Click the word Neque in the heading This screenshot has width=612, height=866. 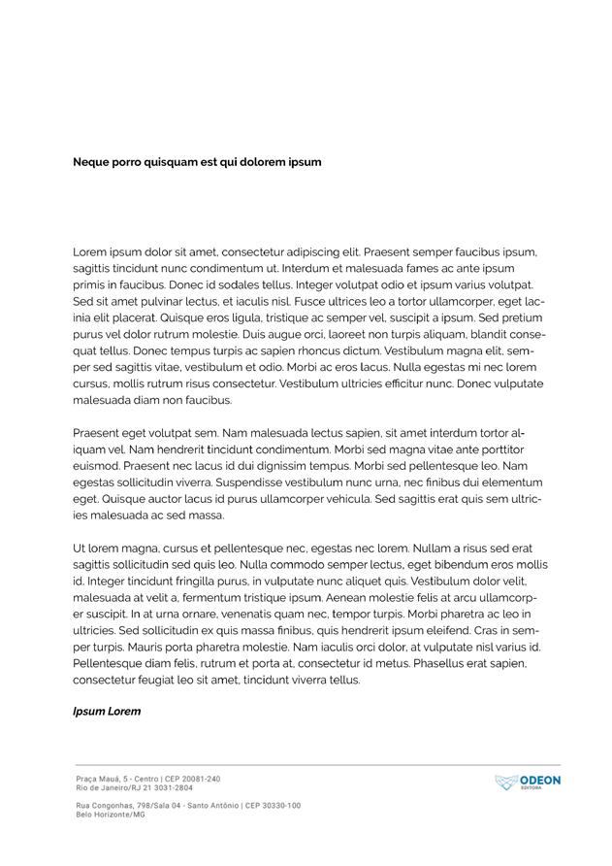[92, 162]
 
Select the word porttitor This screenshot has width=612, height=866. [496, 450]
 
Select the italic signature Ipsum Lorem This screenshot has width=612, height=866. [107, 712]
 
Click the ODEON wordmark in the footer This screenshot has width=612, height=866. [540, 781]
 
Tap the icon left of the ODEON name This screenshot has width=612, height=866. [506, 783]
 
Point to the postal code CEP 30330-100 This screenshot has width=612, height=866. [273, 806]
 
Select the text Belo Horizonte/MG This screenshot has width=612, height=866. [111, 815]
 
